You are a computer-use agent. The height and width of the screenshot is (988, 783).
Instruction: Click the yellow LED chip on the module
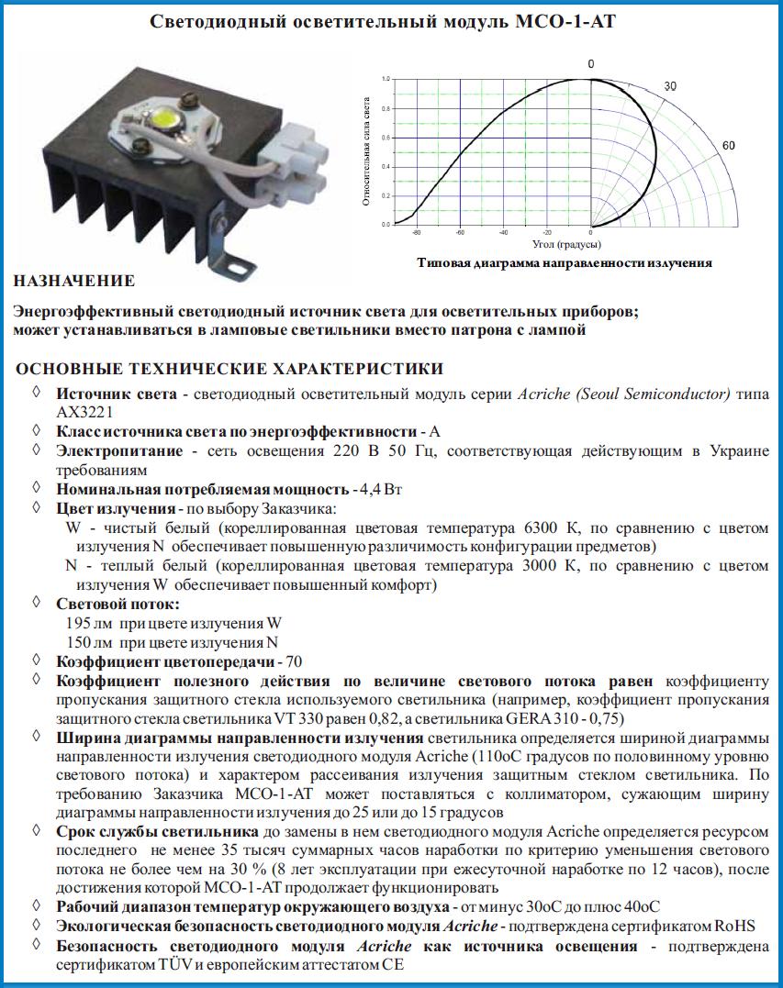point(166,118)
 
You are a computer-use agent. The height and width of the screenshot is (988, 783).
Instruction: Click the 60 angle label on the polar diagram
point(730,146)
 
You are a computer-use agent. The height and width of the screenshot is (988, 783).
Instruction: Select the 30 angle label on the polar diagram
point(670,85)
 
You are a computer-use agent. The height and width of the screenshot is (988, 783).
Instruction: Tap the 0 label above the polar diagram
point(591,63)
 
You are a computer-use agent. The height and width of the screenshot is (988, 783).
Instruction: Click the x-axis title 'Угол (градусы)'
point(566,245)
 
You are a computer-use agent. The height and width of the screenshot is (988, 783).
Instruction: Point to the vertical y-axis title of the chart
point(366,151)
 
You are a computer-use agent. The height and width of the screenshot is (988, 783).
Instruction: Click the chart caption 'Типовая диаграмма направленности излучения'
point(565,262)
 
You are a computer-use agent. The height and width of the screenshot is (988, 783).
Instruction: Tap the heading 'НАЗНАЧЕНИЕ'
point(75,281)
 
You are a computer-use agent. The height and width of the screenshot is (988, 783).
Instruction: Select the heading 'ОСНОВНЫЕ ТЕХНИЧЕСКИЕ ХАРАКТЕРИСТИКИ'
point(229,369)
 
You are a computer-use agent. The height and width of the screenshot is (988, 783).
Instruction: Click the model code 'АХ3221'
point(82,413)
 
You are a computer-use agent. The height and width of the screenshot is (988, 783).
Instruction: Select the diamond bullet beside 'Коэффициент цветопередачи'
point(36,660)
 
